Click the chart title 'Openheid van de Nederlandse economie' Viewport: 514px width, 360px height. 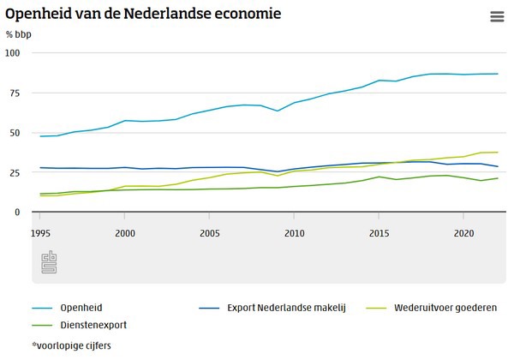[143, 15]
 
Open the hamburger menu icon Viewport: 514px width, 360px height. [497, 17]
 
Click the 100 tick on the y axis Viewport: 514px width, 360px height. [12, 53]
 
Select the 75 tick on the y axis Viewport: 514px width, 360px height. [14, 93]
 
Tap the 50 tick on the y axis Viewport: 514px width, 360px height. [14, 133]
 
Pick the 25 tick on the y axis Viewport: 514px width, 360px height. [14, 172]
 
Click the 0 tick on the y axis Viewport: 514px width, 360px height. [16, 213]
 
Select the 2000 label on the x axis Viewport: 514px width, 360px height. [126, 232]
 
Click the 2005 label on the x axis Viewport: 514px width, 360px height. [210, 232]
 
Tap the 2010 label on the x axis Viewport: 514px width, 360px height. [295, 232]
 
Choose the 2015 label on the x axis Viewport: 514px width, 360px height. [379, 232]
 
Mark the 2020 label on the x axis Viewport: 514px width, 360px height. [463, 232]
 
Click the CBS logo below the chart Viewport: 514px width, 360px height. [49, 263]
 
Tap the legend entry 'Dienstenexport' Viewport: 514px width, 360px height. [94, 325]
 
